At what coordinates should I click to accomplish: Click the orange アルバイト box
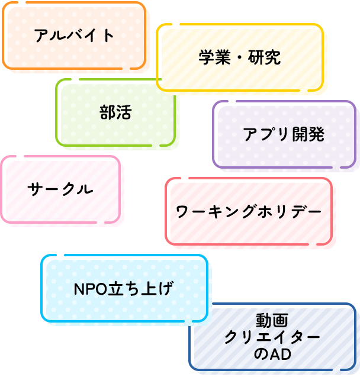[74, 36]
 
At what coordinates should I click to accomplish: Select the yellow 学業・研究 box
[239, 57]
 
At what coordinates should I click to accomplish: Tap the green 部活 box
[115, 112]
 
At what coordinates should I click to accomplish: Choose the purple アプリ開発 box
[284, 134]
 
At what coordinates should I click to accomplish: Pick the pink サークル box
[60, 189]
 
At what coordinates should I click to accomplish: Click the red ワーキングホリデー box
[248, 211]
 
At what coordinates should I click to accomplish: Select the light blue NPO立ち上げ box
[124, 288]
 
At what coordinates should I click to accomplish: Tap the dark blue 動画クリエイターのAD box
[272, 337]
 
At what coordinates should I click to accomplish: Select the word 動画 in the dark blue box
[272, 321]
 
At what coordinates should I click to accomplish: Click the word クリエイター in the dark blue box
[272, 337]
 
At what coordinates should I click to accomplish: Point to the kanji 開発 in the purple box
[308, 134]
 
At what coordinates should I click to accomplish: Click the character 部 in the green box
[108, 112]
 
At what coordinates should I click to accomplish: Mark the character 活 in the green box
[124, 112]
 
